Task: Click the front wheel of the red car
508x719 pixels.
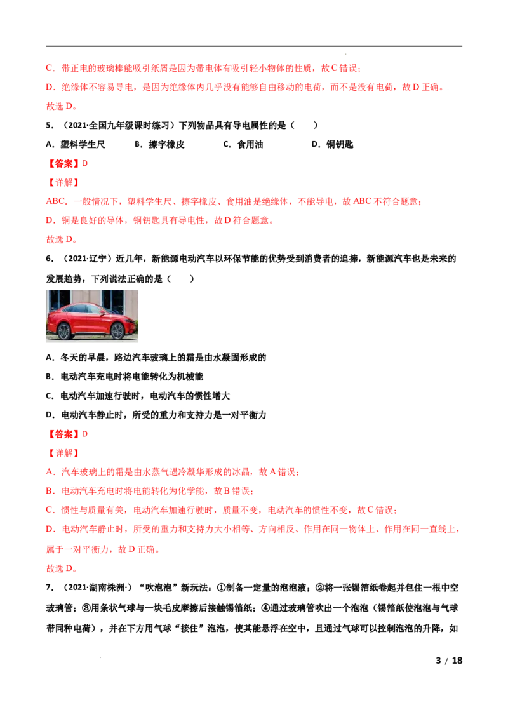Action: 118,331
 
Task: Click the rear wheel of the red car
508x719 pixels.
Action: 63,331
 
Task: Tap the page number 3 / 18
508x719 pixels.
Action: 449,661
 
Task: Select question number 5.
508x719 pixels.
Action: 50,125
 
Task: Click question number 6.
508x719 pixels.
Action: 50,259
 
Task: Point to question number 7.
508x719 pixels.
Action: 50,588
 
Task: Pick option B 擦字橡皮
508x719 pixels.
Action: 159,144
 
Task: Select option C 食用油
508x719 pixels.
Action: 243,144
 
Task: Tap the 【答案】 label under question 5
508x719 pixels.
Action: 63,163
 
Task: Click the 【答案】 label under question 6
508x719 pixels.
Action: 63,434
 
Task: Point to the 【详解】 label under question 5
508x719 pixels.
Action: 63,182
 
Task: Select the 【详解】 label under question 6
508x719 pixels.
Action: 63,453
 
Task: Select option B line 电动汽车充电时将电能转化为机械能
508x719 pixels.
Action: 124,377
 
